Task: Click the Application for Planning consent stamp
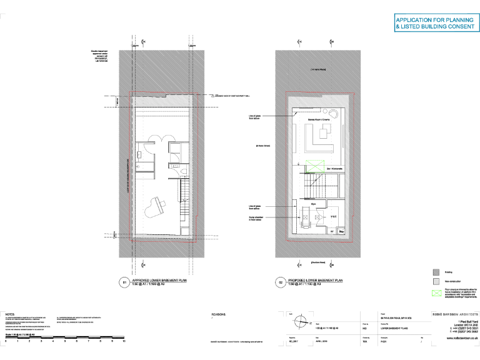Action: click(x=434, y=24)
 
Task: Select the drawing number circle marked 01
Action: click(x=124, y=283)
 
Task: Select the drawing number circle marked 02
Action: click(x=280, y=283)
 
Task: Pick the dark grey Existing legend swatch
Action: click(x=436, y=272)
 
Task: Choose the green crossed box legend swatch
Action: click(x=436, y=292)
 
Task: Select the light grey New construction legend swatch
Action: click(x=436, y=282)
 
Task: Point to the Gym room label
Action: click(x=314, y=204)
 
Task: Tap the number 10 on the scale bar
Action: click(x=124, y=342)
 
